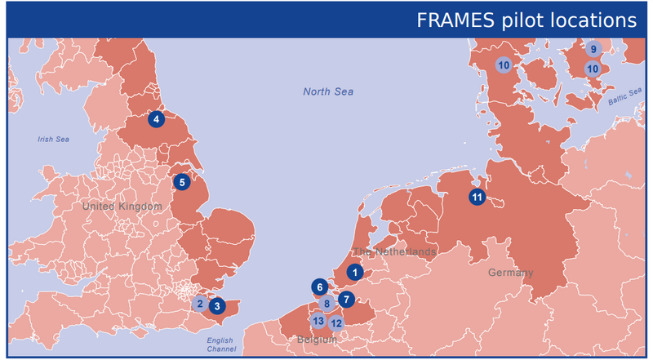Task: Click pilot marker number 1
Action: [355, 273]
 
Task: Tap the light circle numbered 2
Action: [199, 304]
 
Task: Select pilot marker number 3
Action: [217, 306]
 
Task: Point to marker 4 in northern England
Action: [156, 119]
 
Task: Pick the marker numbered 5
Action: [182, 181]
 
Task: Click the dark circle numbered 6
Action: [320, 287]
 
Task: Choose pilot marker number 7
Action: [346, 299]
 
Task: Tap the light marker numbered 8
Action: [326, 304]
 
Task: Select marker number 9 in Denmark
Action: [593, 49]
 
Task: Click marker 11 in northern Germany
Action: [477, 197]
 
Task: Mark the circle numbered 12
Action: [336, 322]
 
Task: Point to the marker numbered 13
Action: [318, 321]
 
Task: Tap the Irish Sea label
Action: [54, 140]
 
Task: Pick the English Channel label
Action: [220, 344]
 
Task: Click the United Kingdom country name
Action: [122, 207]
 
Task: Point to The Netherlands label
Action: [394, 252]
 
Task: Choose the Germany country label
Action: [511, 273]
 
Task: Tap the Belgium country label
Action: [317, 338]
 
